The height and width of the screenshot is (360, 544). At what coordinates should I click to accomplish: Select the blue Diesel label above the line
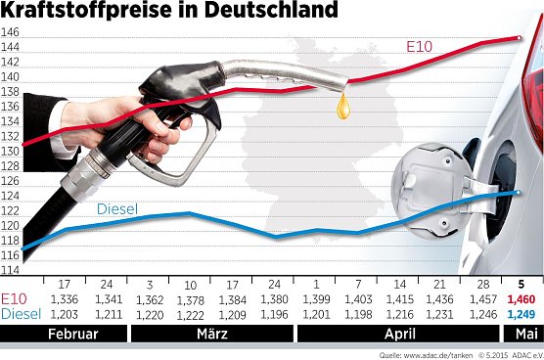tap(116, 209)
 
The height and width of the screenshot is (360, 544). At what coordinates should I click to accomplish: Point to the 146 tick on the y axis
tap(12, 32)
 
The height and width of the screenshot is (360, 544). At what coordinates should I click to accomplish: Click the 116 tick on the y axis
tap(12, 269)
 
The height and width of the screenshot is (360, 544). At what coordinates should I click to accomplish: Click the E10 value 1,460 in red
tap(520, 299)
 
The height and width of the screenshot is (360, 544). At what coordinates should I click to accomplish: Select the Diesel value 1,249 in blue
tap(520, 313)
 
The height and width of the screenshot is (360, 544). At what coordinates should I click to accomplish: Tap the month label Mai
tap(520, 333)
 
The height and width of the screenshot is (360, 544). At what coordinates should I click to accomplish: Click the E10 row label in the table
tap(16, 299)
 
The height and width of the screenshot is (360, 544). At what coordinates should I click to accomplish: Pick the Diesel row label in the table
tap(21, 313)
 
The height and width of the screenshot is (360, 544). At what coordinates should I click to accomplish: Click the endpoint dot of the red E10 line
tap(519, 38)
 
